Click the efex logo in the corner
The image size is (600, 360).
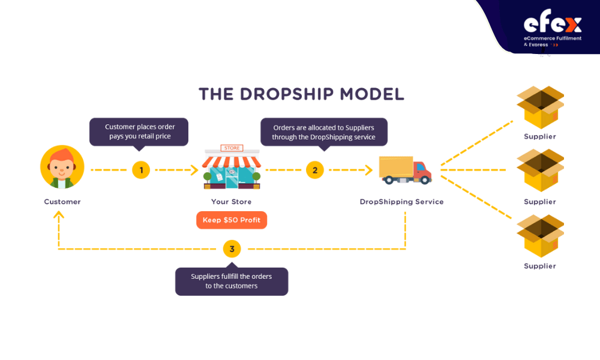(x=552, y=28)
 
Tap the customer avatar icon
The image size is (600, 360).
(x=62, y=167)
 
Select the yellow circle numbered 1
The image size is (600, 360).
(x=141, y=170)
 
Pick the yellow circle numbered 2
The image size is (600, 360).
(x=315, y=170)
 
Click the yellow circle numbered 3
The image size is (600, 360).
(x=232, y=249)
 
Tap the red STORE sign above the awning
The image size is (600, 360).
(x=232, y=148)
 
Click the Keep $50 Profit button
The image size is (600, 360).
(x=232, y=220)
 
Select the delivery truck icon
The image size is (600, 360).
(x=405, y=170)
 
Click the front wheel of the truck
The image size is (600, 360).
(x=424, y=180)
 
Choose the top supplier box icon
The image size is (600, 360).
(x=541, y=107)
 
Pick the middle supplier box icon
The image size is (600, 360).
(x=541, y=170)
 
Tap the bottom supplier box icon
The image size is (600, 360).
(x=541, y=236)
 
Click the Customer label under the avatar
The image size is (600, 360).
(x=62, y=202)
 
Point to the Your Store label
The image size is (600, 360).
(x=232, y=202)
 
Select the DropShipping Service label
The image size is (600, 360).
(x=402, y=202)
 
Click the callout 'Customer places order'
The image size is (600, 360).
(x=139, y=131)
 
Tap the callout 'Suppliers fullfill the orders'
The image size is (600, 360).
(x=232, y=281)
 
